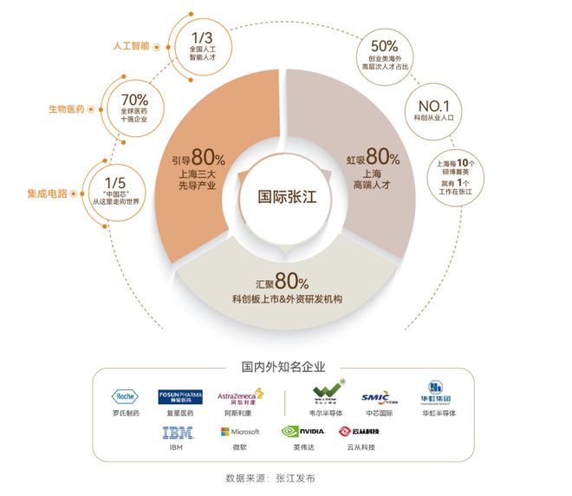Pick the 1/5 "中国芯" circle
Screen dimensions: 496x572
108,184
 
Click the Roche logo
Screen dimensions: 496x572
127,396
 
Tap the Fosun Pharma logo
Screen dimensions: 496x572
179,397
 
